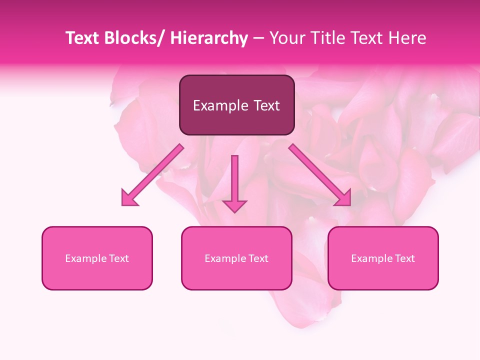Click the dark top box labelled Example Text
236,105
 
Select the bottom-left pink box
97,258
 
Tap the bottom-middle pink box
236,258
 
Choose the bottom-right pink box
383,258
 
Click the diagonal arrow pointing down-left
152,175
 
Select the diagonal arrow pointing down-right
320,175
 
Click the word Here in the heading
408,38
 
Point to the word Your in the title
286,38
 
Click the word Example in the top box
220,105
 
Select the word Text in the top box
266,105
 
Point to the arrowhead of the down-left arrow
129,198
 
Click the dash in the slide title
258,38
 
